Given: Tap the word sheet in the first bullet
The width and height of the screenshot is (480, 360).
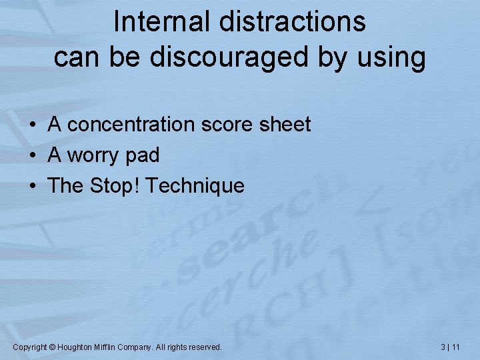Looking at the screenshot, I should coord(287,125).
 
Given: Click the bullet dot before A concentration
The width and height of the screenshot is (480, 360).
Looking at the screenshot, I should coord(31,125).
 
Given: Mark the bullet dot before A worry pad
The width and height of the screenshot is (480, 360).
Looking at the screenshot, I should coord(31,156).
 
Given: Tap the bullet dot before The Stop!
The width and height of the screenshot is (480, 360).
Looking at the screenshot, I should coord(31,186).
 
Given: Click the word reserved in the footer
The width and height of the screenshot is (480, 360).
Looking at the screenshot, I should coord(205,347).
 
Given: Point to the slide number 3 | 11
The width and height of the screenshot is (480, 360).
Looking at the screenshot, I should coord(451,347).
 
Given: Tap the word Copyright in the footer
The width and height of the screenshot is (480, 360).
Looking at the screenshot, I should coord(30,347).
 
